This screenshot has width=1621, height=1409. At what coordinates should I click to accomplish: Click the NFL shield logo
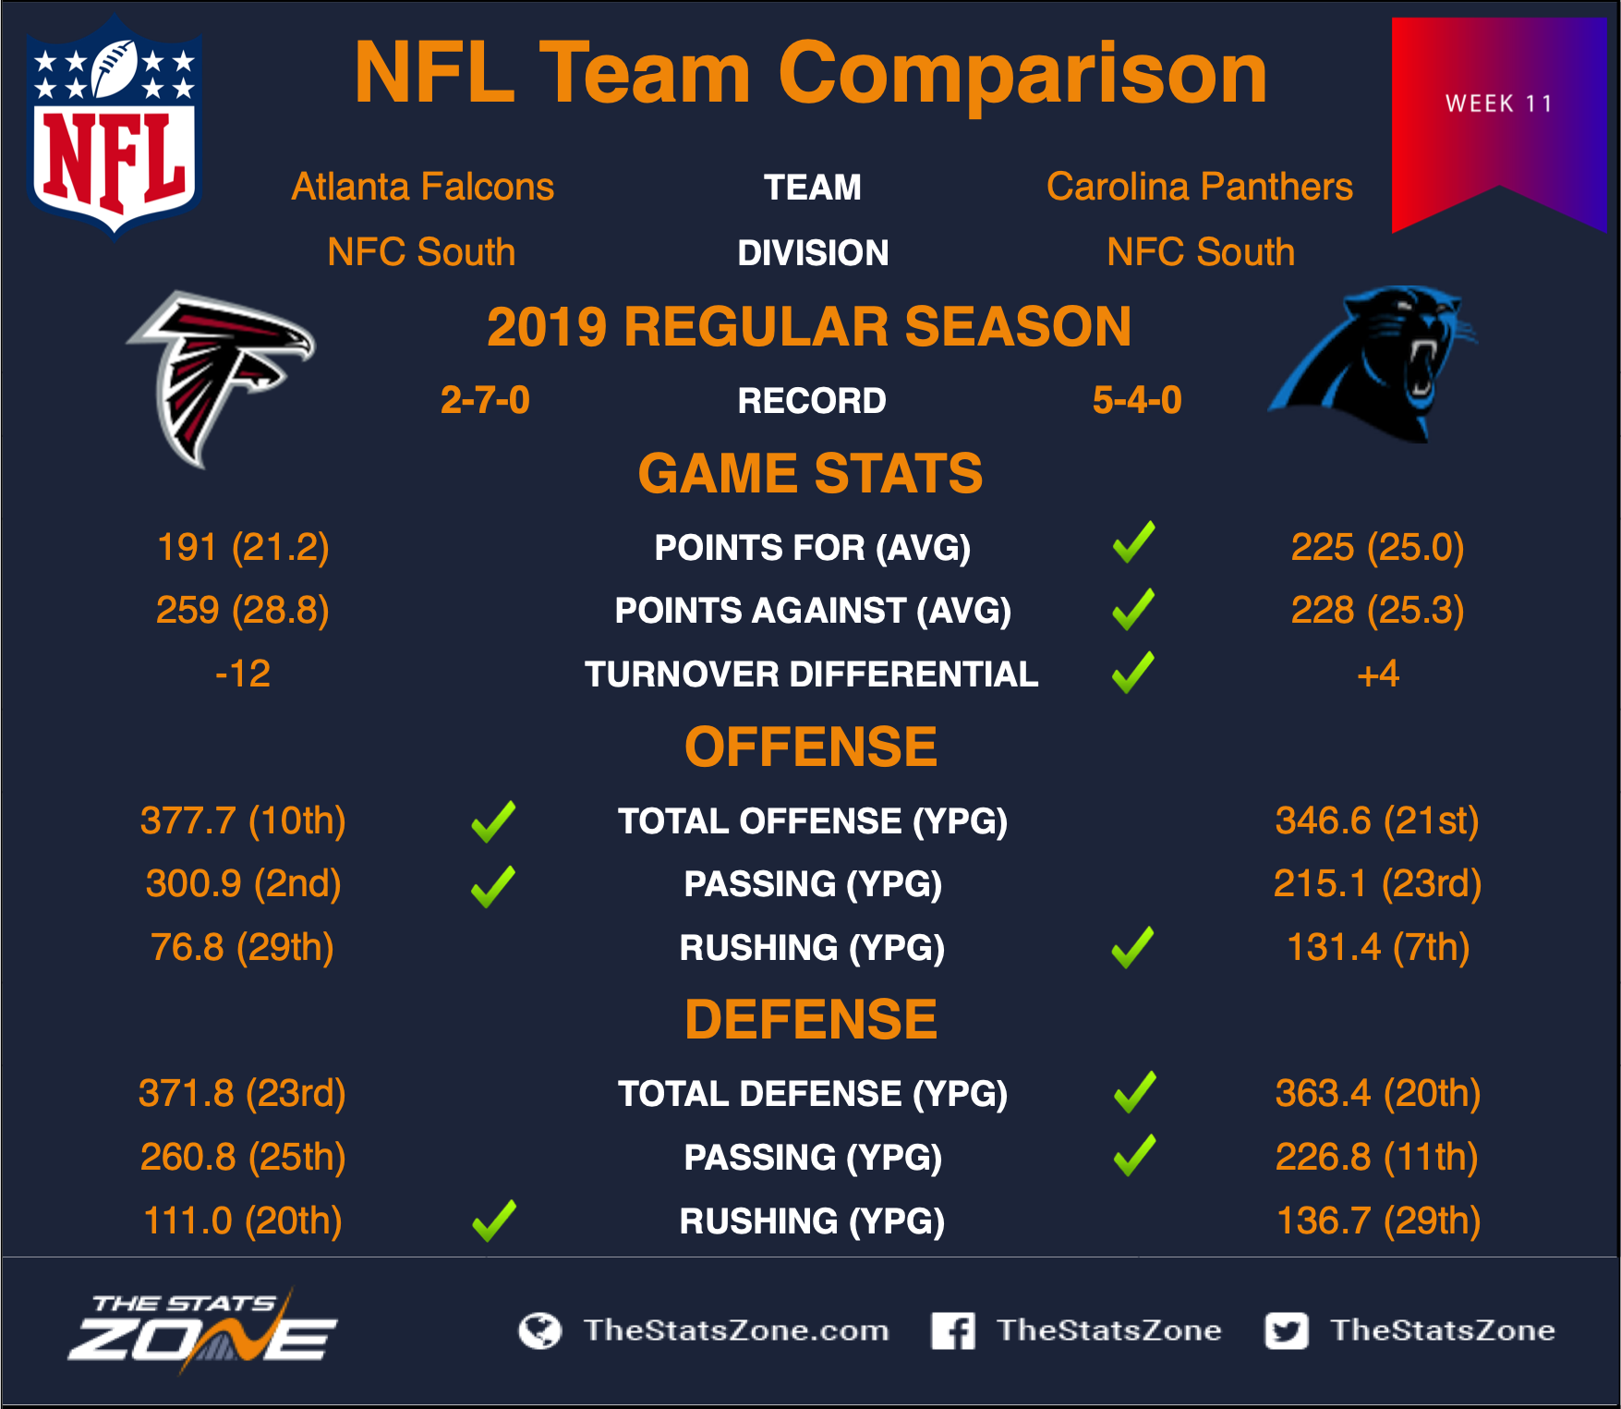pos(115,127)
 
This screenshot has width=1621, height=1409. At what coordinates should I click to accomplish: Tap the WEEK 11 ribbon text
pos(1499,103)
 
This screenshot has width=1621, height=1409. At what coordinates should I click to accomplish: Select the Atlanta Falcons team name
pos(423,187)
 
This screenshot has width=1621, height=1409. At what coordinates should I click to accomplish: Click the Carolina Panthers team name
pos(1200,187)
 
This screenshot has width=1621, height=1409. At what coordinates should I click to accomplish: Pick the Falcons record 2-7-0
pos(485,400)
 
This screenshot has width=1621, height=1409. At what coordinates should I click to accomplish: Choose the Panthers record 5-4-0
pos(1137,400)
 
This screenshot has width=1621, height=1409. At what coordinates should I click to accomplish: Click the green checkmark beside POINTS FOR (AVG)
pos(1134,542)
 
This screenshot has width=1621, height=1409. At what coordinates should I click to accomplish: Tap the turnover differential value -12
pos(243,674)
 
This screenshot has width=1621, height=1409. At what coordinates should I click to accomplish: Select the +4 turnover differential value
pos(1378,674)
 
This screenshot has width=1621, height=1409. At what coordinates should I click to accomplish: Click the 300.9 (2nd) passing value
pos(244,884)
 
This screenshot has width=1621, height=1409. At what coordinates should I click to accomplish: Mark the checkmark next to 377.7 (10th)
pos(493,821)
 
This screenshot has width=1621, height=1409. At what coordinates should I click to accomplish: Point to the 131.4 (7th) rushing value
pos(1378,947)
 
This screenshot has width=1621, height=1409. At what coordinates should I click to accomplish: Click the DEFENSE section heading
pos(811,1020)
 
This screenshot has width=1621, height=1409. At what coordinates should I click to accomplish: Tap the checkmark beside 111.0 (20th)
pos(494,1221)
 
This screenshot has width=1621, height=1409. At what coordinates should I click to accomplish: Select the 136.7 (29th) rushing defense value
pos(1378,1221)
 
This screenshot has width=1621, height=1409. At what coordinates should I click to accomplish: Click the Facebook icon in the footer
pos(953,1330)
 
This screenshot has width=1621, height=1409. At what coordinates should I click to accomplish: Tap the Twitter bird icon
pos(1287,1330)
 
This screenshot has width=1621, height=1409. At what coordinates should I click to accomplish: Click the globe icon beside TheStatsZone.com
pos(540,1330)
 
